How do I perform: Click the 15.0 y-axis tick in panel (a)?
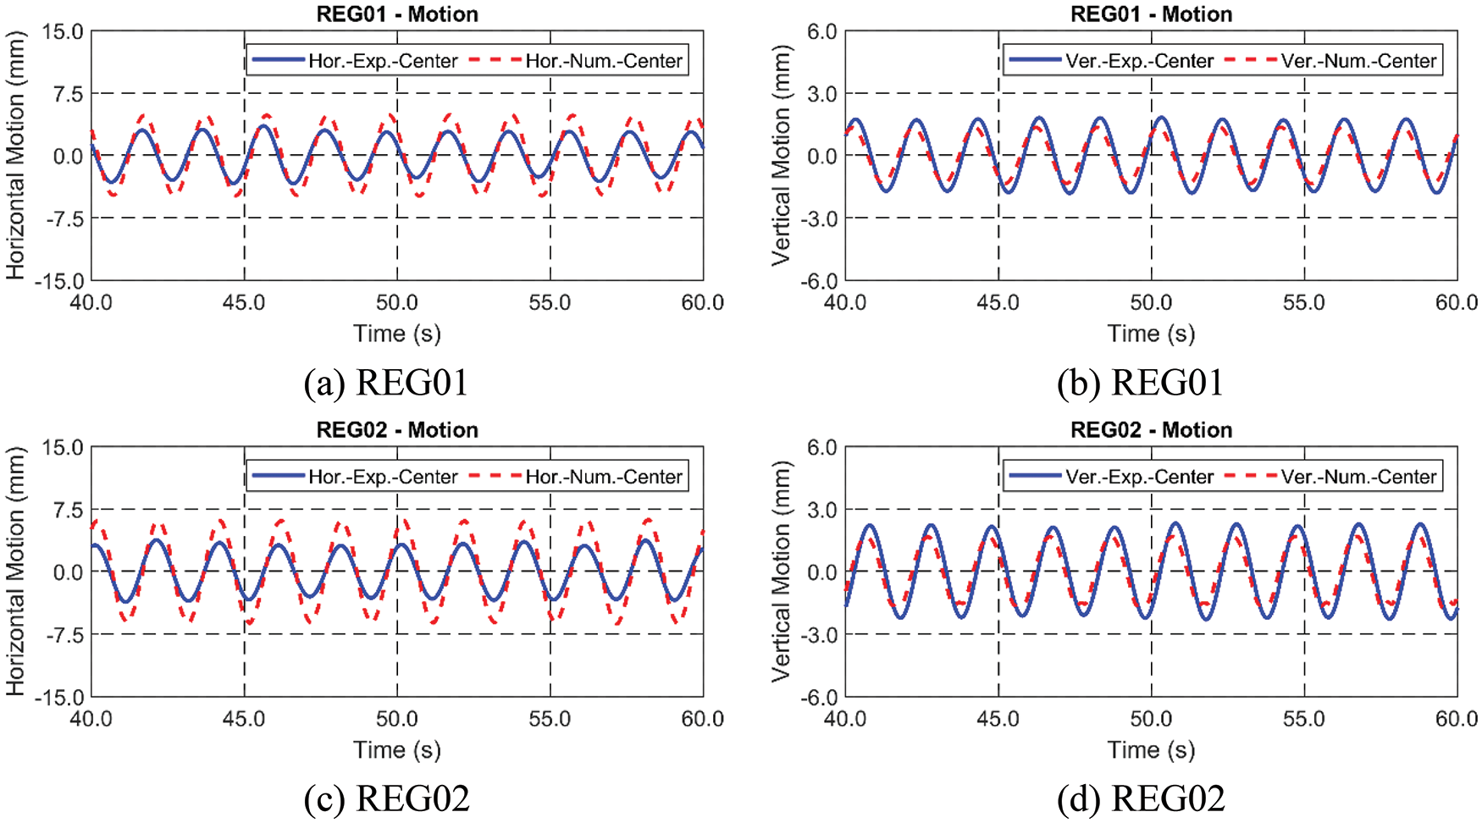[x=63, y=32]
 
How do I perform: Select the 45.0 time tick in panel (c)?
[x=244, y=719]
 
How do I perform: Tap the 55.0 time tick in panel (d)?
[x=1304, y=719]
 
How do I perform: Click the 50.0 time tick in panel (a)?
[x=397, y=303]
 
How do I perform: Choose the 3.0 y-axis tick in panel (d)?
[x=822, y=510]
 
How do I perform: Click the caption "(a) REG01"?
[x=386, y=383]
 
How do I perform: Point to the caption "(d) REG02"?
[x=1141, y=798]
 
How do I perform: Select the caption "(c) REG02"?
[x=386, y=798]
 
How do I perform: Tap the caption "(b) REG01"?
[x=1141, y=383]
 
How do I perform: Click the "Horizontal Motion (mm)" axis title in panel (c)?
[x=15, y=572]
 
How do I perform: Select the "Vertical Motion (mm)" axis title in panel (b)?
[x=781, y=156]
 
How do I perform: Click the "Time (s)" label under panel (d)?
[x=1151, y=750]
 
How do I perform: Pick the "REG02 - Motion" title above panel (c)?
[x=397, y=430]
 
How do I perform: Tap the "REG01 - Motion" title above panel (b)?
[x=1151, y=14]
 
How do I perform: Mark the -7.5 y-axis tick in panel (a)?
[x=63, y=218]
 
